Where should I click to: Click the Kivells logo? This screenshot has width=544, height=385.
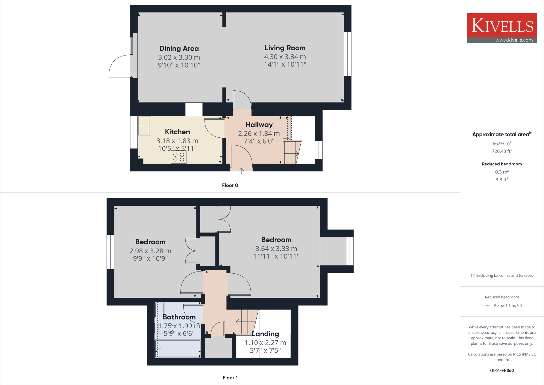tap(502, 25)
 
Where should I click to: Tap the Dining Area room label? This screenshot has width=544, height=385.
tap(179, 49)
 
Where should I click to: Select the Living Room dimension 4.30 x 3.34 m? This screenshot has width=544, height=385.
tap(285, 57)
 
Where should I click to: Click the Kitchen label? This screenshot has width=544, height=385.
tap(177, 132)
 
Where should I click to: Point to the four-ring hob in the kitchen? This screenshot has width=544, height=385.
tap(178, 157)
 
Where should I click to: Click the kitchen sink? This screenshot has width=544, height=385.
tap(144, 126)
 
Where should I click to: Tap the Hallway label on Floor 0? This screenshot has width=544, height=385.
tap(259, 125)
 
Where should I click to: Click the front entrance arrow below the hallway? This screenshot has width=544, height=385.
tap(241, 171)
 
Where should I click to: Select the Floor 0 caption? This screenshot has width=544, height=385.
tap(230, 185)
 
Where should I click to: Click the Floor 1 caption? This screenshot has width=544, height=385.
tap(230, 378)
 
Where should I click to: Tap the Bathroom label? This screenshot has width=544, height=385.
tap(179, 317)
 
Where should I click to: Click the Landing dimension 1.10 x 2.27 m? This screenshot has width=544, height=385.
tap(265, 343)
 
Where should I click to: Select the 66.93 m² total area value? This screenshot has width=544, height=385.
tap(502, 143)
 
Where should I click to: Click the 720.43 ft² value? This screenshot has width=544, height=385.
tap(502, 151)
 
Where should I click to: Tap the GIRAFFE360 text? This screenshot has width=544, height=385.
tap(502, 370)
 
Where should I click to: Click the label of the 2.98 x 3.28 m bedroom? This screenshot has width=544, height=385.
tap(150, 242)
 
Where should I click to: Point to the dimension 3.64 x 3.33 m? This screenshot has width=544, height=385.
tap(276, 249)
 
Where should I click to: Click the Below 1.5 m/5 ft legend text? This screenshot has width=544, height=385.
tap(508, 306)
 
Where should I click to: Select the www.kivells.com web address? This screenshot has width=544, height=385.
tap(514, 40)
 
